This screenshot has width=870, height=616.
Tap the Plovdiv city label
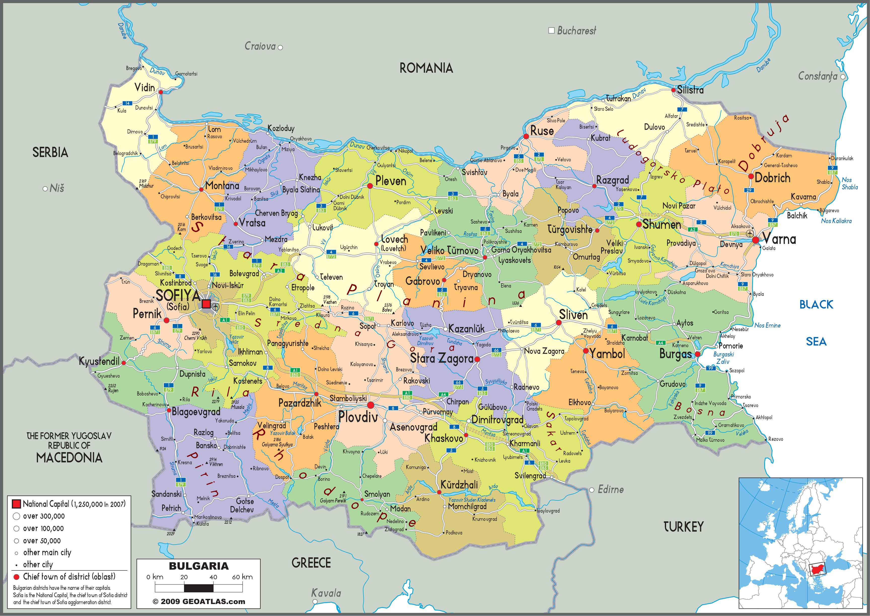pyautogui.click(x=358, y=417)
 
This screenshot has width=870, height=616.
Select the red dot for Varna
pyautogui.click(x=755, y=240)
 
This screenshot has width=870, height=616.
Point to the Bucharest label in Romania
pyautogui.click(x=576, y=31)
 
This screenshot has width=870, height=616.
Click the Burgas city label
pyautogui.click(x=675, y=354)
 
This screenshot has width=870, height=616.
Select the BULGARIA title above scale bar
pyautogui.click(x=199, y=566)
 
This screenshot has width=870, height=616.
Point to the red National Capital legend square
pyautogui.click(x=16, y=504)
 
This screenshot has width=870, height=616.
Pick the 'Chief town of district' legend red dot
pyautogui.click(x=16, y=577)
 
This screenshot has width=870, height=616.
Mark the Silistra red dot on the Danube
pyautogui.click(x=673, y=90)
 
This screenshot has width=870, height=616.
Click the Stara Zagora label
pyautogui.click(x=442, y=358)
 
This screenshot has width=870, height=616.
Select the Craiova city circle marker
pyautogui.click(x=280, y=47)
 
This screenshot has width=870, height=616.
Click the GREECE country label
pyautogui.click(x=311, y=563)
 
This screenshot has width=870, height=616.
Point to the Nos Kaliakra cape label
pyautogui.click(x=836, y=221)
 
